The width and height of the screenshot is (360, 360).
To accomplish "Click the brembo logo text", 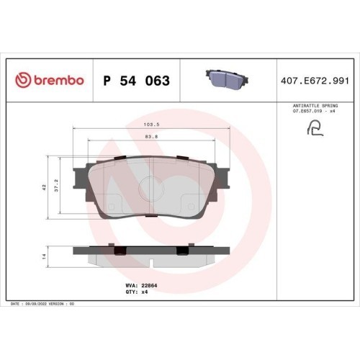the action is tap(59, 80).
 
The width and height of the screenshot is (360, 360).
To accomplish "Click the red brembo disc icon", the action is tap(23, 80).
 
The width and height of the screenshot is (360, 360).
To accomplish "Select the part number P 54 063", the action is tap(137, 81).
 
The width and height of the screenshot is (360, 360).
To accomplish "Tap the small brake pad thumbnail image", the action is tap(227, 80).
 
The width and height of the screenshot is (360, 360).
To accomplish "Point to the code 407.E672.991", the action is tap(315, 81).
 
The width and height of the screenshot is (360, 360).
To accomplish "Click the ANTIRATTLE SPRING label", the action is tap(315, 106).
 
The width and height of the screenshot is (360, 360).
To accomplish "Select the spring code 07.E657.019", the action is tap(309, 111).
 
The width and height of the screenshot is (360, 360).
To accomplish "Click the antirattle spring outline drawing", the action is tap(315, 128).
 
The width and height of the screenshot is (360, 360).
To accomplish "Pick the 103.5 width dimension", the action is tap(151, 125).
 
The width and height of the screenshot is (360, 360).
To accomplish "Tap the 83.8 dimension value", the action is tap(151, 137).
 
